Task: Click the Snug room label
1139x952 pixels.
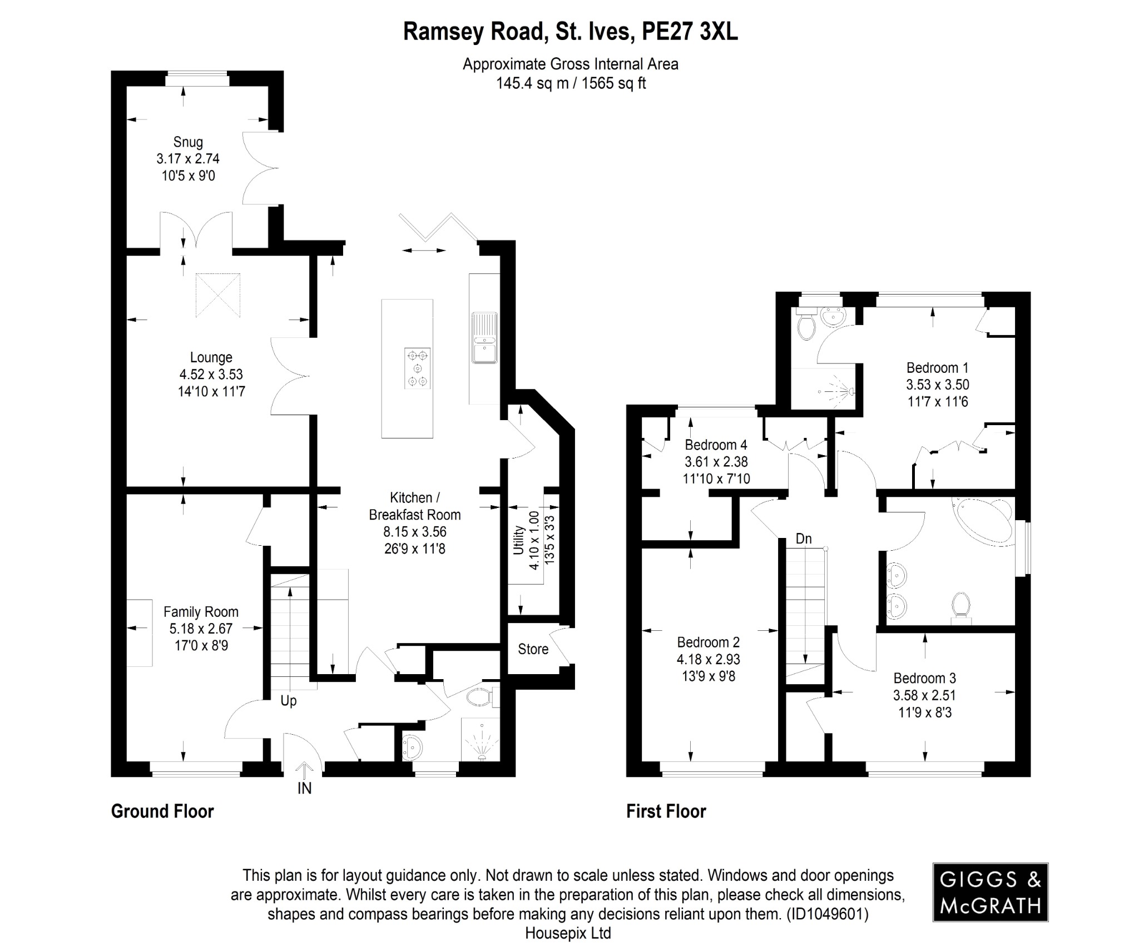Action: [188, 142]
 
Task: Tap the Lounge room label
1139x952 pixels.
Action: [211, 357]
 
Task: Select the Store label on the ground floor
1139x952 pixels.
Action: [533, 649]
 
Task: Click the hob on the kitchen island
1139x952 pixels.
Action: [417, 367]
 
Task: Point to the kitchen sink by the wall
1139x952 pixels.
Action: [484, 337]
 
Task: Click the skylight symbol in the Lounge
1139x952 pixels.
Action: [218, 295]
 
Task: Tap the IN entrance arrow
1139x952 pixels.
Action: [304, 773]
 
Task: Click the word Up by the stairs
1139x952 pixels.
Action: [288, 701]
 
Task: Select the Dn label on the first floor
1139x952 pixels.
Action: [804, 539]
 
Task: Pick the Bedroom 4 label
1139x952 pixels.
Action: [716, 445]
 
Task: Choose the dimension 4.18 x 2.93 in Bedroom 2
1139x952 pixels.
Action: [708, 659]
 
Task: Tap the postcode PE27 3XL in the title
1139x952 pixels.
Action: [690, 32]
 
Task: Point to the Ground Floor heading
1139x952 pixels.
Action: [162, 811]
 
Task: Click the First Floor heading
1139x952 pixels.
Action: [666, 811]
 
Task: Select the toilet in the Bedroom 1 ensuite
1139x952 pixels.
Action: [805, 327]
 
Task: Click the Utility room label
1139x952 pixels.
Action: [518, 540]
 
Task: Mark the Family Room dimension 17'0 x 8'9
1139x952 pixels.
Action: [201, 646]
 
